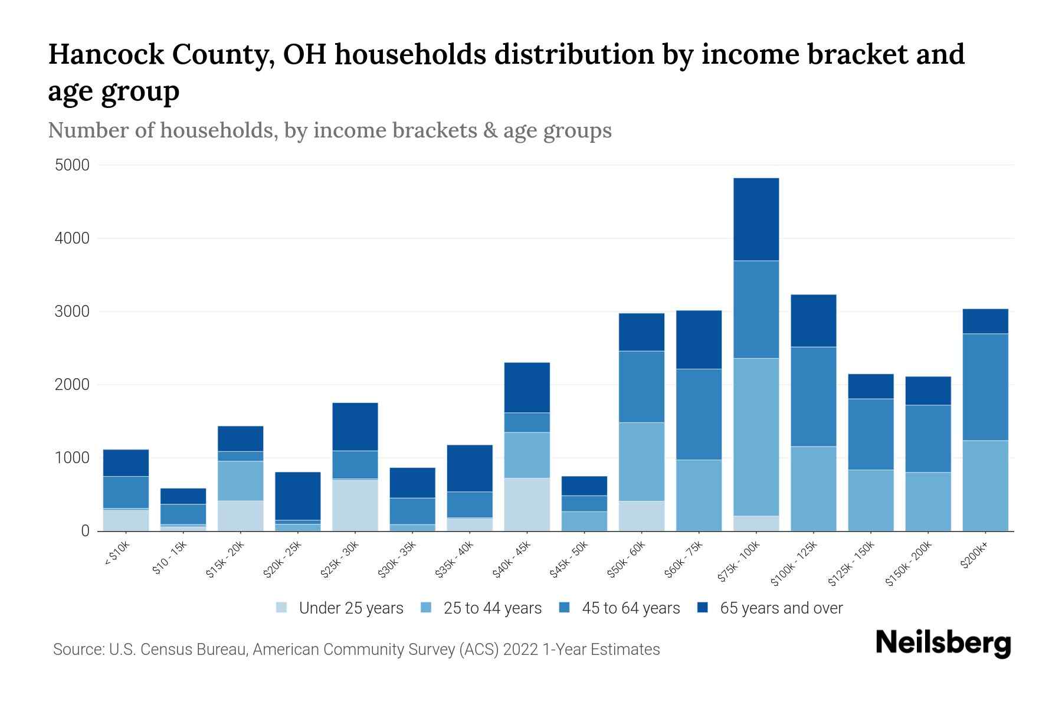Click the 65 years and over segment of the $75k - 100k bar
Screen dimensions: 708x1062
(x=756, y=219)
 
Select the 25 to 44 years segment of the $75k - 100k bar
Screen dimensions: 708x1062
(x=756, y=437)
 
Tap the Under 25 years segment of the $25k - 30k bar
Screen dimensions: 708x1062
(x=355, y=505)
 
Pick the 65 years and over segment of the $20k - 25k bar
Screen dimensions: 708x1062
(x=298, y=496)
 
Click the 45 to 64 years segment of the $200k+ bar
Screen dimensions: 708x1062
(x=985, y=387)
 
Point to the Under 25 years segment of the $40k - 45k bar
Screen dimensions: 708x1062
(x=527, y=504)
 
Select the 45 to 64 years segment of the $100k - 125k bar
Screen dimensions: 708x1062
(x=813, y=396)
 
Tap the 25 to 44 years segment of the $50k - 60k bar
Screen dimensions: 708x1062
(x=641, y=461)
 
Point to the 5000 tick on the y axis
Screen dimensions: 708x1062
(x=72, y=165)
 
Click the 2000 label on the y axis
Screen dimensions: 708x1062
(x=72, y=385)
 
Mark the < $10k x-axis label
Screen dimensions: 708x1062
(x=117, y=555)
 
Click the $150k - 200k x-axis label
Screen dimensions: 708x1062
(x=909, y=563)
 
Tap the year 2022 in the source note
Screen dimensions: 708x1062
(x=520, y=650)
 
